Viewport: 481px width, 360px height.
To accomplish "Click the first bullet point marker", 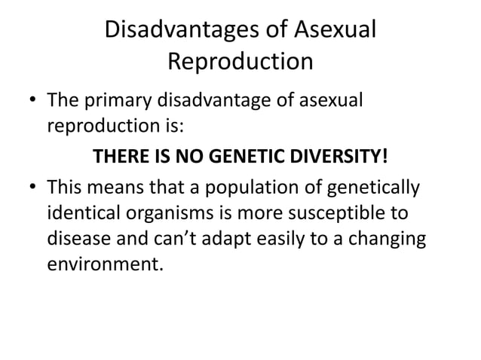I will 31,100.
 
